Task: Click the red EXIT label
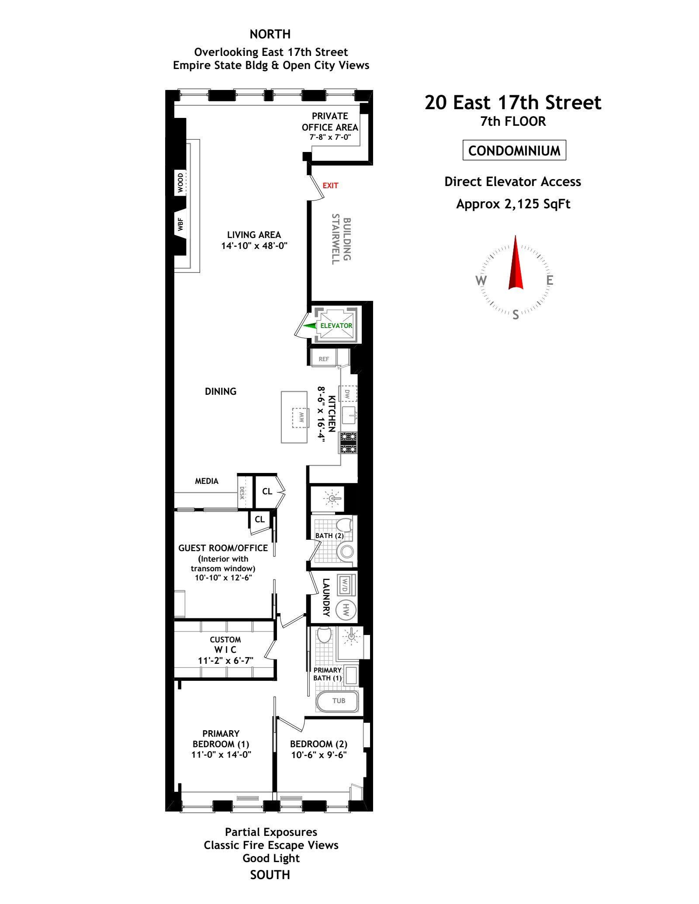(x=330, y=186)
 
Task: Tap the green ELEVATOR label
(x=336, y=326)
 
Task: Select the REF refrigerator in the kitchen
(x=323, y=358)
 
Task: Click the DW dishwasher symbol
(x=348, y=393)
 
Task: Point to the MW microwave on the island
(x=301, y=417)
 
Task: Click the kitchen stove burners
(x=349, y=443)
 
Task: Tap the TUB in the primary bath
(x=338, y=701)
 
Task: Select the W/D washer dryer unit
(x=345, y=585)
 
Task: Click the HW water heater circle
(x=346, y=610)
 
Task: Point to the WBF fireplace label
(x=180, y=224)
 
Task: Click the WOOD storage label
(x=180, y=183)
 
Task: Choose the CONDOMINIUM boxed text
(x=514, y=150)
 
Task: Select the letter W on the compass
(x=481, y=280)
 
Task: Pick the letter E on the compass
(x=550, y=280)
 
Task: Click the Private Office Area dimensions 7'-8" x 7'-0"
(x=330, y=137)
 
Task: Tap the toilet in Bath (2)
(x=344, y=524)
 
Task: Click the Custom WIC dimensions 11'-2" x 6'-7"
(x=225, y=660)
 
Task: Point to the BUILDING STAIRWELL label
(x=341, y=239)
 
